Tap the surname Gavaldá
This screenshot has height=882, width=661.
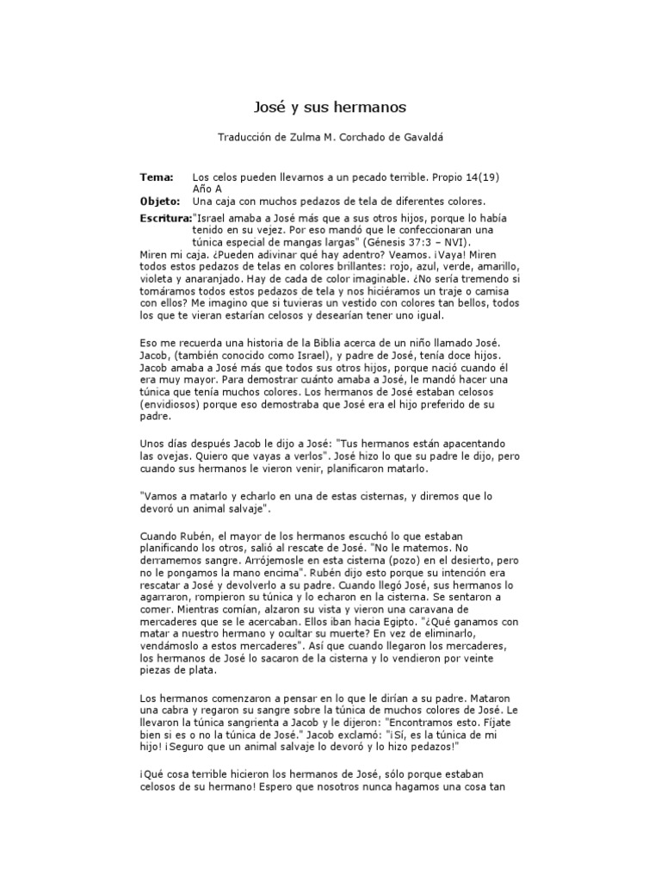tap(422, 137)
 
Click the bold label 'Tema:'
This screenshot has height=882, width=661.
tap(156, 177)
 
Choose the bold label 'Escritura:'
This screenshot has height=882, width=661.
tap(165, 219)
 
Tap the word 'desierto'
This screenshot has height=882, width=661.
tap(442, 561)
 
